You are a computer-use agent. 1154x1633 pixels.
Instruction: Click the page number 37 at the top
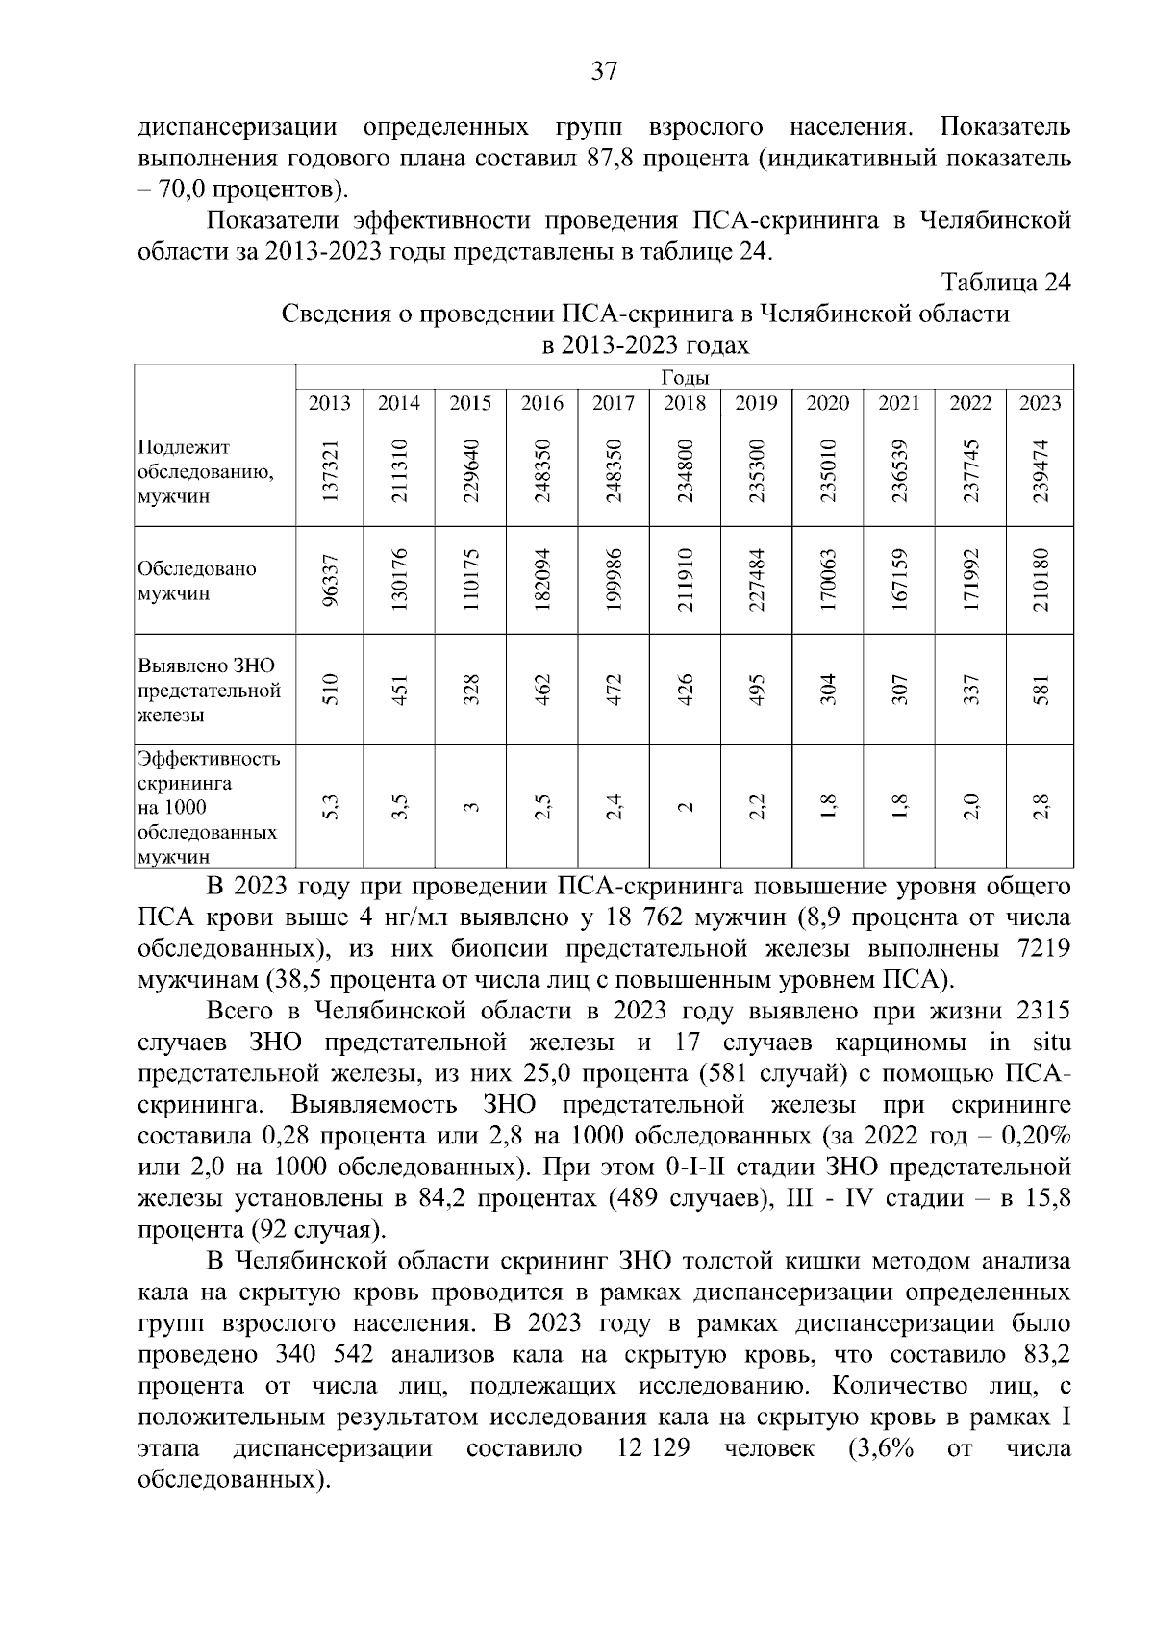(603, 71)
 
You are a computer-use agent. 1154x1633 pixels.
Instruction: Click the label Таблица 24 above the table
(1006, 283)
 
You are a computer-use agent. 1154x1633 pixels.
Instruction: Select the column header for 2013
(329, 403)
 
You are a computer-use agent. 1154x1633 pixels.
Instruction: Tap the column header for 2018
(684, 403)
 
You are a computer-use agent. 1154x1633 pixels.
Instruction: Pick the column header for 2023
(1040, 403)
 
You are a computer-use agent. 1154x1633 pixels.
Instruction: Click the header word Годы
(685, 378)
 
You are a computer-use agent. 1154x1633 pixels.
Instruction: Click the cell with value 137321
(330, 471)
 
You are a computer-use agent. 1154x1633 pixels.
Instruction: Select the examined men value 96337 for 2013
(330, 580)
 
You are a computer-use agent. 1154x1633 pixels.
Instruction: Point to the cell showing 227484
(756, 580)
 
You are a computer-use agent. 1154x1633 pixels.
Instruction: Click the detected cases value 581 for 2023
(1040, 690)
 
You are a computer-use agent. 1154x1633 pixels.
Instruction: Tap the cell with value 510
(330, 690)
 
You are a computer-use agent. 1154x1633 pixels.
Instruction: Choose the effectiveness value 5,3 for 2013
(330, 805)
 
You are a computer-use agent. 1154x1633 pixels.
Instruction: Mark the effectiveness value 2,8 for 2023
(1040, 805)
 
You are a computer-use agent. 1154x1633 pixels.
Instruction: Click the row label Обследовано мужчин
(197, 581)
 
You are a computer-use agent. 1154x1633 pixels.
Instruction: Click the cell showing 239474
(1040, 471)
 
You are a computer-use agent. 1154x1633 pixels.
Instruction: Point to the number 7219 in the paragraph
(1042, 949)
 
